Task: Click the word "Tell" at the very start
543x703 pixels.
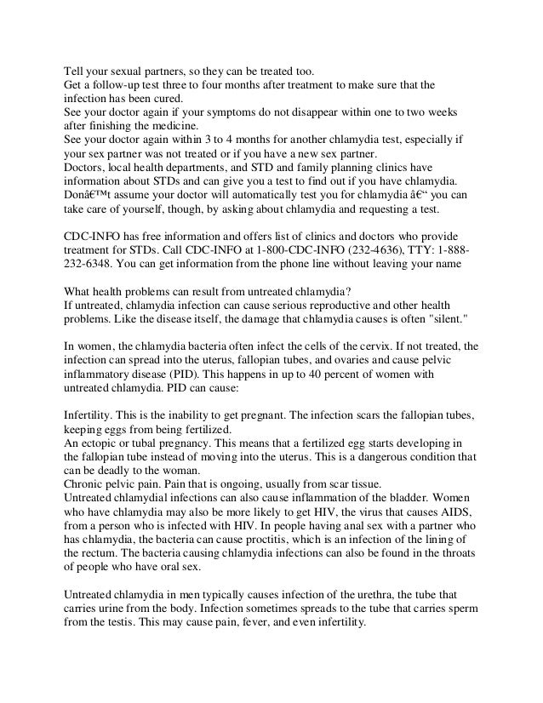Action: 75,71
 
